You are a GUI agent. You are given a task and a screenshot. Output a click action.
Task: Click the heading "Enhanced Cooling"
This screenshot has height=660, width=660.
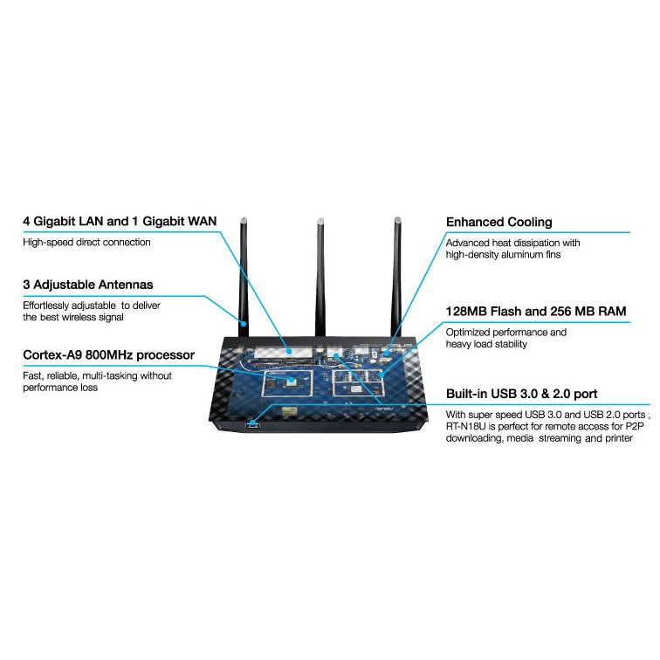click(x=498, y=223)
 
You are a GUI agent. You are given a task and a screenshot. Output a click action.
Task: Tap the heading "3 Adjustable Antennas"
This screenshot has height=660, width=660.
click(x=88, y=285)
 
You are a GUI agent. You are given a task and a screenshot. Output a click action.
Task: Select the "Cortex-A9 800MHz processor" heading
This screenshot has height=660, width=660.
click(x=108, y=354)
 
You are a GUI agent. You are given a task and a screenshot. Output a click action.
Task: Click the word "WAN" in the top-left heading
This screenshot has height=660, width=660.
click(x=202, y=222)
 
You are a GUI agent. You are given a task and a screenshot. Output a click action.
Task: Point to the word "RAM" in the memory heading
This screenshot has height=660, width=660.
click(x=613, y=311)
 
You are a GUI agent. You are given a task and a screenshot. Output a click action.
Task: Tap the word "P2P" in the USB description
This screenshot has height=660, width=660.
click(x=636, y=426)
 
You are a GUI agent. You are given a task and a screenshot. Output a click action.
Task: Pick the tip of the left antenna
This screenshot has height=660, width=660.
click(x=244, y=218)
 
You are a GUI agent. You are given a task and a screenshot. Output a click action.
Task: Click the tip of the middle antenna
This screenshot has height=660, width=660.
click(x=320, y=219)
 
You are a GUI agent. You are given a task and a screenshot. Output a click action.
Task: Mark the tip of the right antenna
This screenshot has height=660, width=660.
click(x=397, y=218)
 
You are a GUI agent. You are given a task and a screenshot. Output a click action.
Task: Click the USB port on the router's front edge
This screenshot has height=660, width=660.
click(x=252, y=423)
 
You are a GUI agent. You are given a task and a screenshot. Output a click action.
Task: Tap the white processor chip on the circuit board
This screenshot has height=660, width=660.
click(x=291, y=382)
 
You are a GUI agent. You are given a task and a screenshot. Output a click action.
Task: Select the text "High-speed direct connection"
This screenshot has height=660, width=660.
click(x=86, y=243)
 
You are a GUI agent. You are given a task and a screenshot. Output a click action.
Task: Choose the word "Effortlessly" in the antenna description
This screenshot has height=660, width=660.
click(x=46, y=306)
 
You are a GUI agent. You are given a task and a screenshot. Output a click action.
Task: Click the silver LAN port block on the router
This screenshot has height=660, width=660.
click(x=284, y=352)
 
